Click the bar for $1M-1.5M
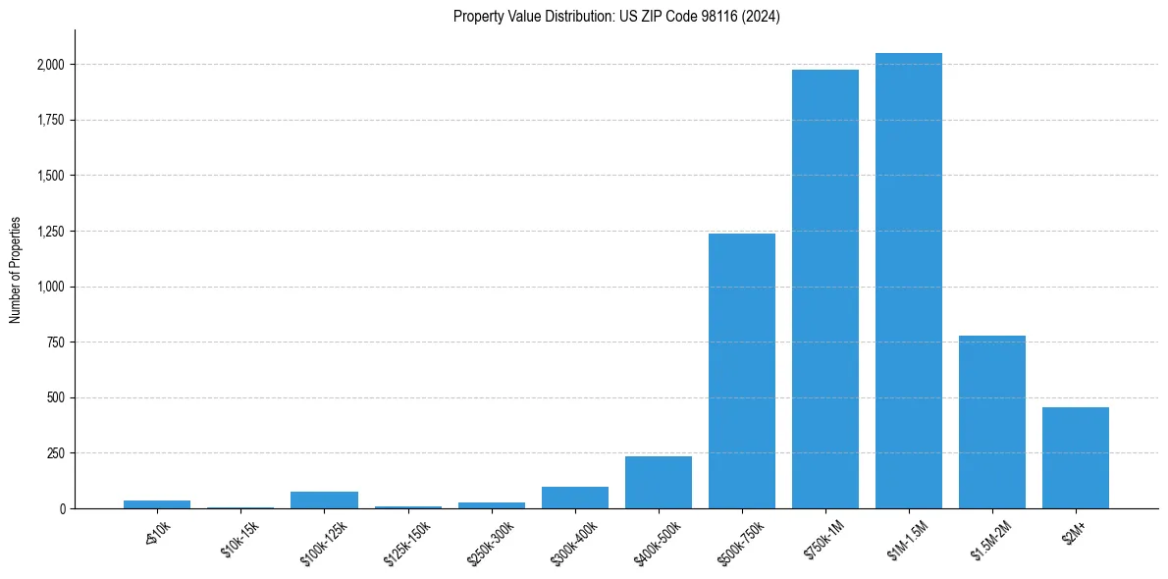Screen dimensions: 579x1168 [909, 281]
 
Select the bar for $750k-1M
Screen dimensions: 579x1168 [825, 289]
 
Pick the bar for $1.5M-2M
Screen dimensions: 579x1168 [992, 422]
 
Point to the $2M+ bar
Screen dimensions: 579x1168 [1076, 458]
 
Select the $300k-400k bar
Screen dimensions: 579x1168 [575, 498]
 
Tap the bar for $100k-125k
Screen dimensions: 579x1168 [324, 500]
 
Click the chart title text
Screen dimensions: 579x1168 [616, 17]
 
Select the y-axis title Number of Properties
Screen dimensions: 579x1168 [16, 270]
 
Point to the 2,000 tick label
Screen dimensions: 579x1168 [51, 65]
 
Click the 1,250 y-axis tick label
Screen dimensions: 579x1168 [51, 232]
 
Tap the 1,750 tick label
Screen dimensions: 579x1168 [51, 121]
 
